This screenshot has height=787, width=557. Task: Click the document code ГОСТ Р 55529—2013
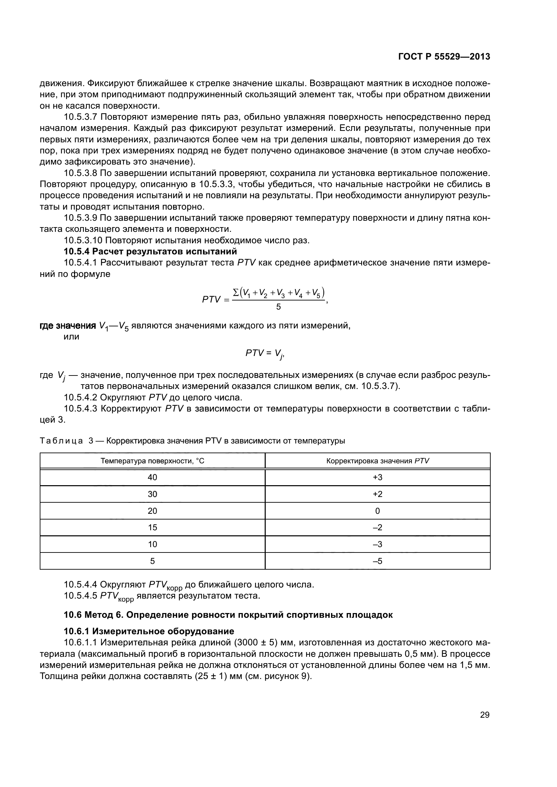[x=444, y=57]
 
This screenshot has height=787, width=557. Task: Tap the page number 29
[x=485, y=715]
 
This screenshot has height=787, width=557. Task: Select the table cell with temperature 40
[x=152, y=477]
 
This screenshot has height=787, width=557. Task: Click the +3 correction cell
[x=377, y=477]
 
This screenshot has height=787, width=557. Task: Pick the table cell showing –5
[x=377, y=561]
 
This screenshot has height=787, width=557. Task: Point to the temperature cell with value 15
[x=152, y=528]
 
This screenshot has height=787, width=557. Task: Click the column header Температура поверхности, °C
[x=152, y=461]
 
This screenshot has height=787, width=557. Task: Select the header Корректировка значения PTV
[x=377, y=461]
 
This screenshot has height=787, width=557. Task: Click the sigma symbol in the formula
[x=236, y=292]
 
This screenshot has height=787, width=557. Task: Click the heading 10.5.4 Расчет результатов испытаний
[x=150, y=251]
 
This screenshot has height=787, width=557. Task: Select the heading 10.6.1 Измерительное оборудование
[x=149, y=631]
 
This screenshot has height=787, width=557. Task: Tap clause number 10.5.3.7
[x=81, y=117]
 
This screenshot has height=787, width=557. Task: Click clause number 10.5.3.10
[x=83, y=240]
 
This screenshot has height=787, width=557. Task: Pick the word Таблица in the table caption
[x=61, y=441]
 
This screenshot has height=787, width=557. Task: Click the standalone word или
[x=71, y=336]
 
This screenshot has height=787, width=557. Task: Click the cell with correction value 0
[x=377, y=511]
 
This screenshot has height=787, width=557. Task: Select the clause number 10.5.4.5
[x=81, y=596]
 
